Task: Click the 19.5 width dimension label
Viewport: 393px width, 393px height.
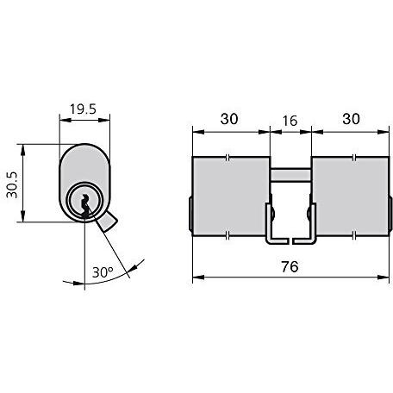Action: pos(83,109)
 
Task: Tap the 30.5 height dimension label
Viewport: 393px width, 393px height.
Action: pos(12,185)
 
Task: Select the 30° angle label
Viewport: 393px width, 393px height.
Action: pos(103,271)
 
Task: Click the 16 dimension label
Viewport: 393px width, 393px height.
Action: pos(290,121)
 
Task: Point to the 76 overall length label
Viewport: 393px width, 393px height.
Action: pos(290,266)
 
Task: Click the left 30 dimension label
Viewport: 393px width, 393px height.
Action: pos(229,119)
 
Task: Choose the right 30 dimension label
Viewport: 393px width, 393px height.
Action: pos(351,119)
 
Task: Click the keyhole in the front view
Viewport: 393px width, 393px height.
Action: pos(85,206)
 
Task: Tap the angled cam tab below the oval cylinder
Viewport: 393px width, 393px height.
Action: pos(107,222)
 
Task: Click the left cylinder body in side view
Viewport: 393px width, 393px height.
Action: pos(231,196)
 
